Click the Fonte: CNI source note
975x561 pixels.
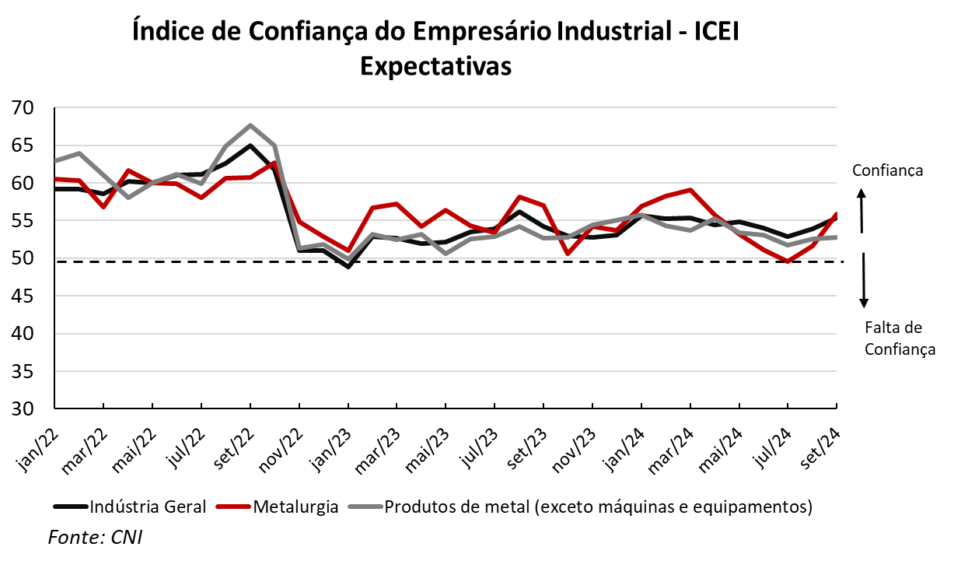coord(96,537)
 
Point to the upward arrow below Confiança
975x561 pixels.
coord(861,212)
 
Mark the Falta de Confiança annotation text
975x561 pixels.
coord(900,338)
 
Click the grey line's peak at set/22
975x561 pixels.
coord(250,125)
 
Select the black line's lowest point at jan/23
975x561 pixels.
coord(348,267)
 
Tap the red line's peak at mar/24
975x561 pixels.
coord(690,190)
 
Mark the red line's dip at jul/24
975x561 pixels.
coord(788,261)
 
